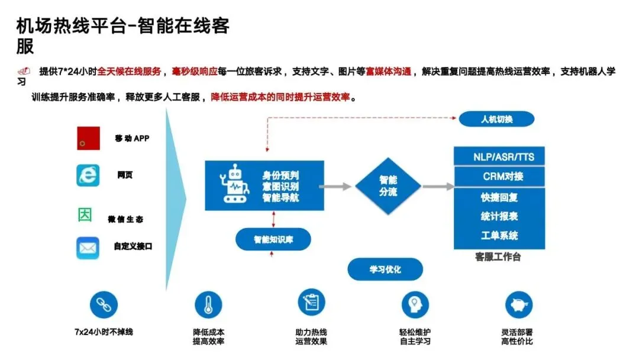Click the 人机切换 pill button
[x=496, y=119]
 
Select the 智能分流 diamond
[x=388, y=186]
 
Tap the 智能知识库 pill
[x=273, y=240]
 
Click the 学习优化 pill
[x=385, y=269]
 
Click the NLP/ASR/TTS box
[x=499, y=157]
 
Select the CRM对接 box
[x=499, y=176]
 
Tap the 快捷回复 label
[x=499, y=197]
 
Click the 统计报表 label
[x=499, y=216]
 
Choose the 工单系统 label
[x=499, y=236]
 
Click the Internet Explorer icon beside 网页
[x=88, y=175]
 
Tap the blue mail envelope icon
[x=88, y=247]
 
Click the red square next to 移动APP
[x=88, y=138]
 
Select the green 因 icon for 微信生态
[x=85, y=215]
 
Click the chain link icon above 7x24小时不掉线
[x=104, y=305]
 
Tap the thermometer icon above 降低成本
[x=208, y=305]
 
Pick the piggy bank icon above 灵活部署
[x=519, y=305]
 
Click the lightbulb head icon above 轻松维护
[x=415, y=305]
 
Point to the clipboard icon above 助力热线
[x=311, y=303]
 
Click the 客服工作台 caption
[x=498, y=258]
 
